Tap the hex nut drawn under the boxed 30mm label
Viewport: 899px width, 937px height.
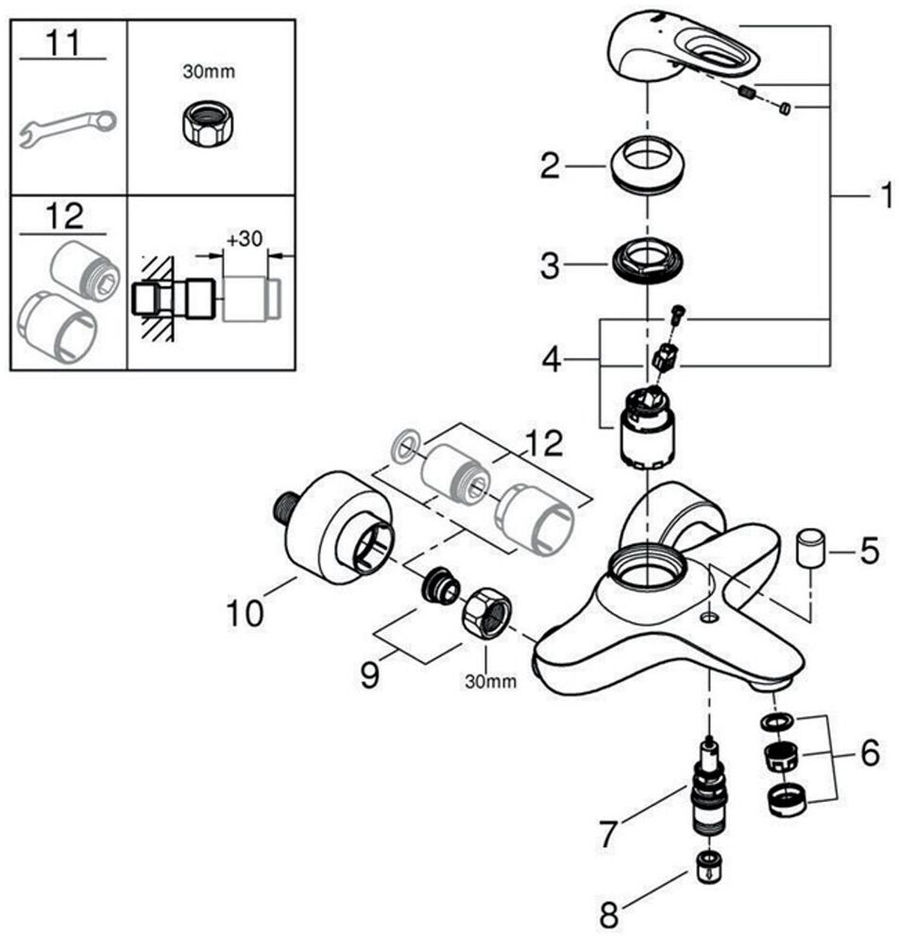click(207, 123)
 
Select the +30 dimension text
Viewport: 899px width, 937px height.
click(245, 238)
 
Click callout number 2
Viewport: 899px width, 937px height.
click(551, 166)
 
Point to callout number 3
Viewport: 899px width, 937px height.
click(551, 266)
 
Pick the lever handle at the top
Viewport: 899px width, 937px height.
click(684, 51)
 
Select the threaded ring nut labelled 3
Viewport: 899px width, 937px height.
click(648, 261)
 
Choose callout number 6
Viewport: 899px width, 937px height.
click(869, 753)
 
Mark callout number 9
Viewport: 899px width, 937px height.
click(370, 674)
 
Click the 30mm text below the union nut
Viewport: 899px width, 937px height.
click(490, 681)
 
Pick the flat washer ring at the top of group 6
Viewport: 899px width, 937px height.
click(778, 721)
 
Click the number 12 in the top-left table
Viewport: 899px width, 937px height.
click(64, 216)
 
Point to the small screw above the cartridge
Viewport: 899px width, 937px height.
click(678, 315)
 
